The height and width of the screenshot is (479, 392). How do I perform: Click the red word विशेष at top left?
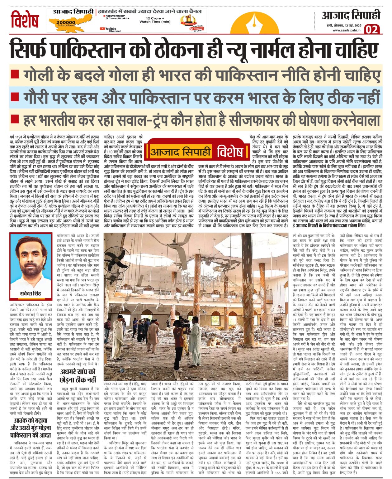pos(25,20)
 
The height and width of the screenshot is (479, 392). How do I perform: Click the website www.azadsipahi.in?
pos(346,30)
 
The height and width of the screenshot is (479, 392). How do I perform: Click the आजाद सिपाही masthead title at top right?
pos(351,15)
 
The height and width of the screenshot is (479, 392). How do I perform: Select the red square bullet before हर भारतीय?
pos(15,119)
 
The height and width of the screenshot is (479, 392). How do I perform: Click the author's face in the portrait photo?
pos(31,259)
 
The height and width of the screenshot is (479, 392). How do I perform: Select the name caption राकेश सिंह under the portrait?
pos(31,293)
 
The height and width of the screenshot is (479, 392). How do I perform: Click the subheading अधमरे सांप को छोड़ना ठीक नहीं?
pos(78,375)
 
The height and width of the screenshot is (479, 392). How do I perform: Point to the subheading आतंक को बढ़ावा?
pos(31,421)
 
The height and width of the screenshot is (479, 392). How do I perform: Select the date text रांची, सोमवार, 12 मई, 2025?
pos(346,25)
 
